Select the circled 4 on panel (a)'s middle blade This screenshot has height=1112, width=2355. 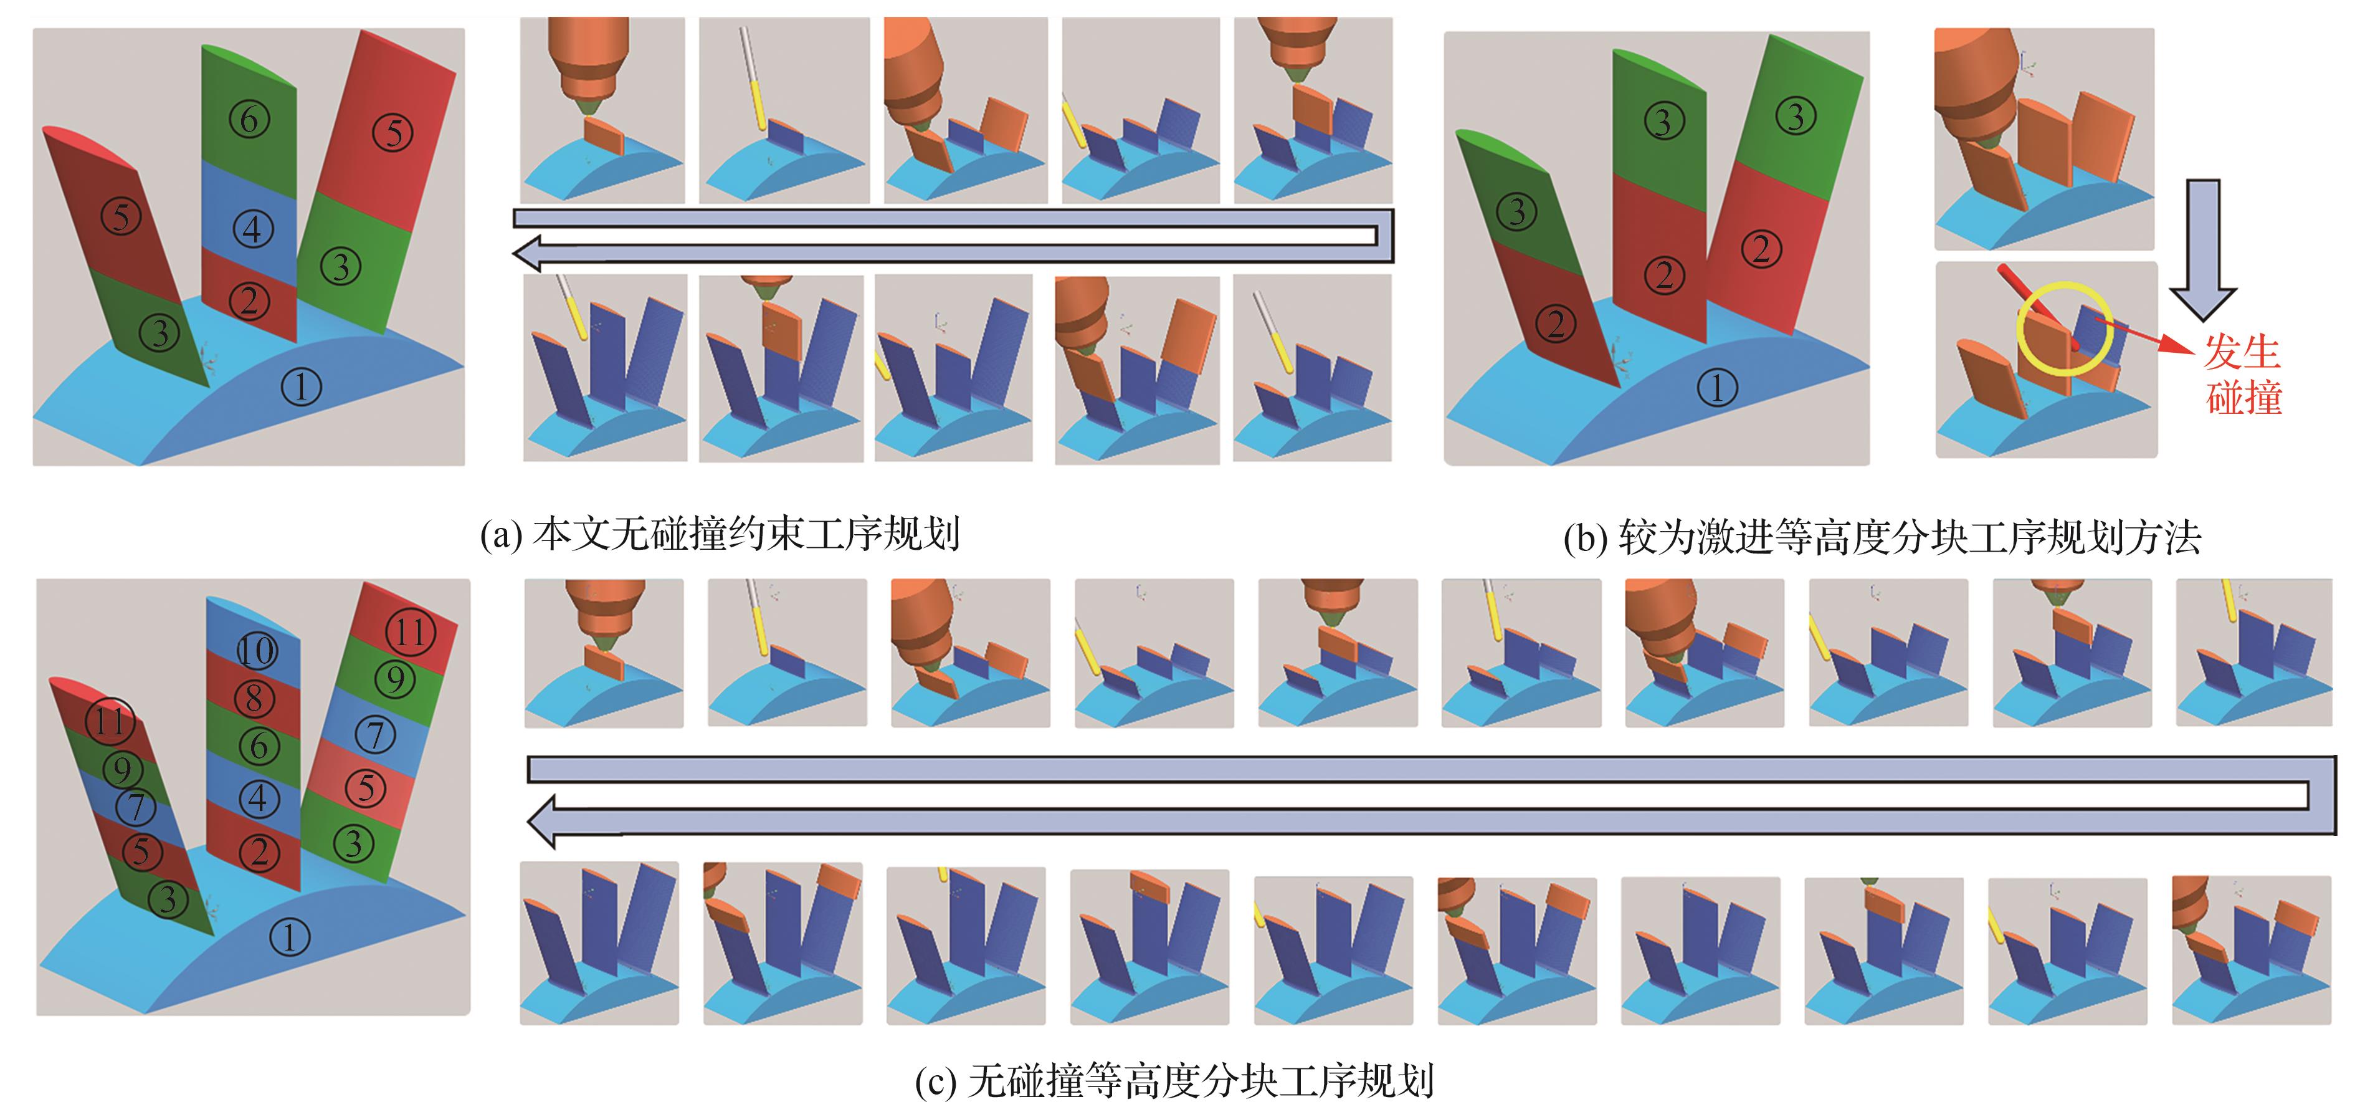coord(252,229)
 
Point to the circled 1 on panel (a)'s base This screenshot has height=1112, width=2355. coord(301,387)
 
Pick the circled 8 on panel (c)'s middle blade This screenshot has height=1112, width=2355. coord(255,699)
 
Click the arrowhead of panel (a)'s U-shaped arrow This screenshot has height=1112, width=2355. coord(530,251)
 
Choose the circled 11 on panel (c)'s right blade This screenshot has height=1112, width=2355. coord(411,632)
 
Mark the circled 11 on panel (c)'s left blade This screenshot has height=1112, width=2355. coord(110,721)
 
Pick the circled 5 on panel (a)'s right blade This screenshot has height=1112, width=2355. coord(392,133)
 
